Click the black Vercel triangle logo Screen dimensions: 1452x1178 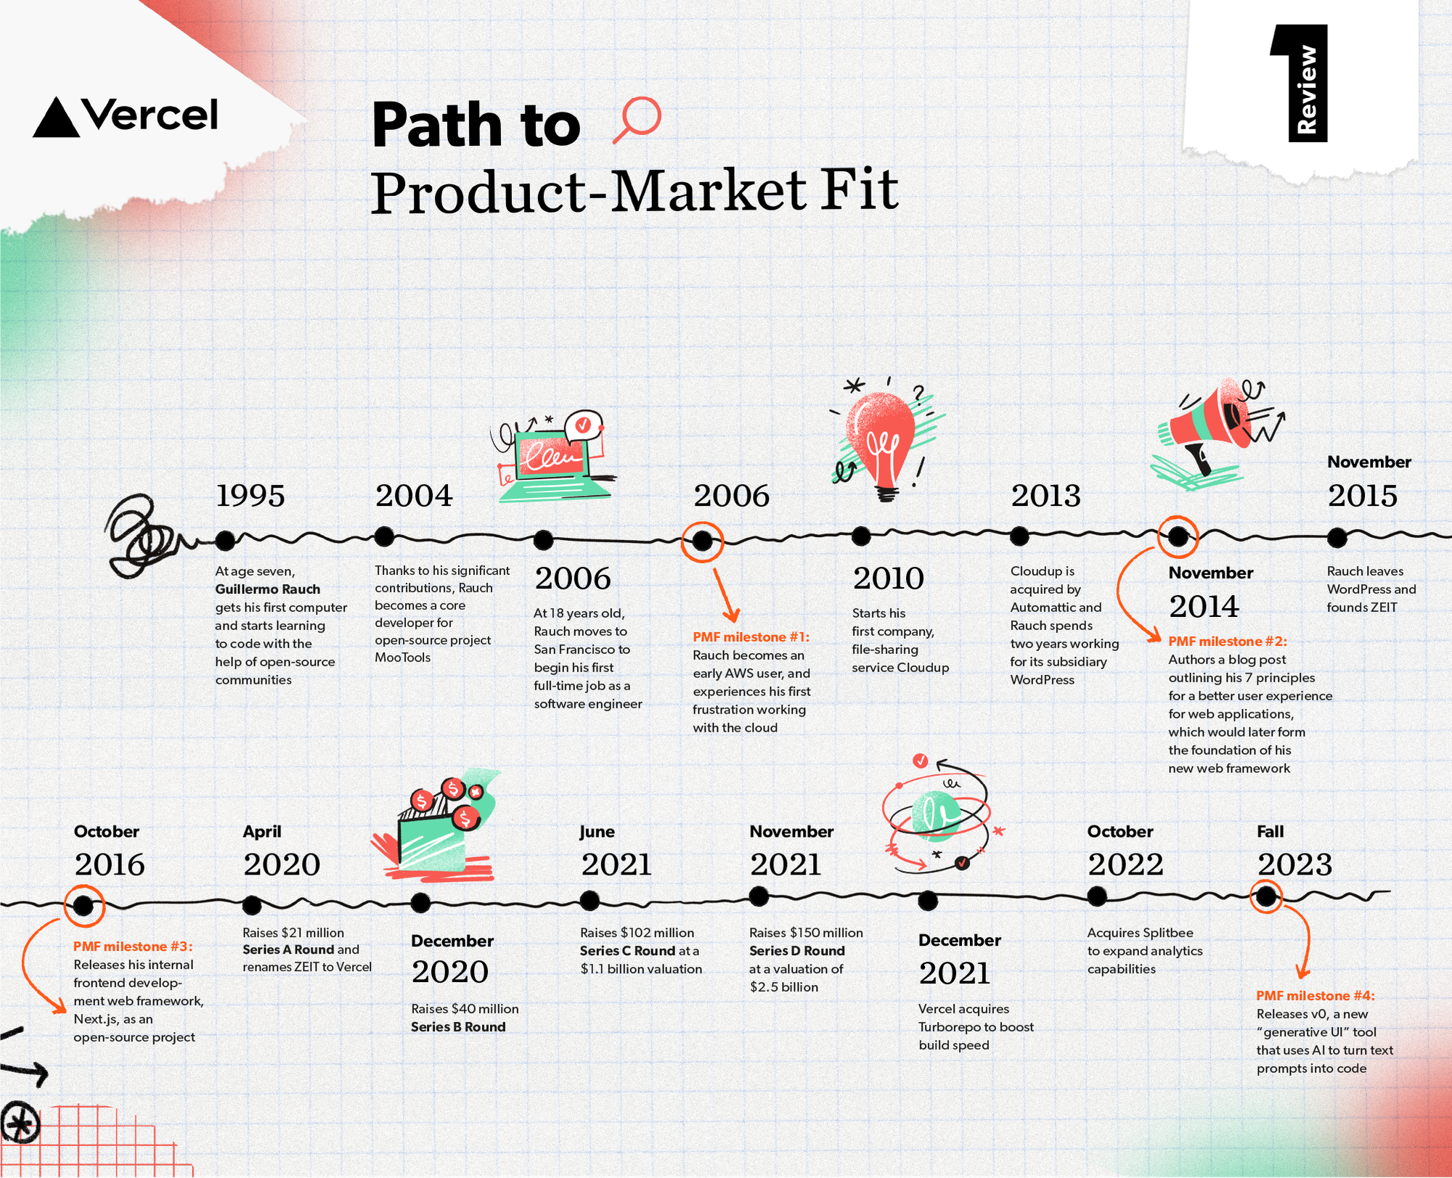click(x=57, y=118)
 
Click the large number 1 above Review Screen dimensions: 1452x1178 click(x=1299, y=82)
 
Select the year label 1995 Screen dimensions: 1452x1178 click(x=250, y=496)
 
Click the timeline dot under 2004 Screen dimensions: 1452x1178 click(x=384, y=536)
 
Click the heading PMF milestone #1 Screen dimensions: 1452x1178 click(x=751, y=637)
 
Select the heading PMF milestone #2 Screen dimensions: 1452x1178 click(x=1228, y=641)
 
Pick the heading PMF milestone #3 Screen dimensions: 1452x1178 click(x=133, y=946)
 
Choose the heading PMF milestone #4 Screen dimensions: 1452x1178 click(x=1316, y=995)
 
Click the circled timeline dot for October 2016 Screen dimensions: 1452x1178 click(x=83, y=905)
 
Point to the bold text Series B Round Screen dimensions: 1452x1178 click(x=458, y=1026)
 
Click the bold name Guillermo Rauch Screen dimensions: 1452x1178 click(x=267, y=589)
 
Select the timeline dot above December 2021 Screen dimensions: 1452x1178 click(x=928, y=901)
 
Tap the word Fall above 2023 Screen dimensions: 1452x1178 click(x=1270, y=831)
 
